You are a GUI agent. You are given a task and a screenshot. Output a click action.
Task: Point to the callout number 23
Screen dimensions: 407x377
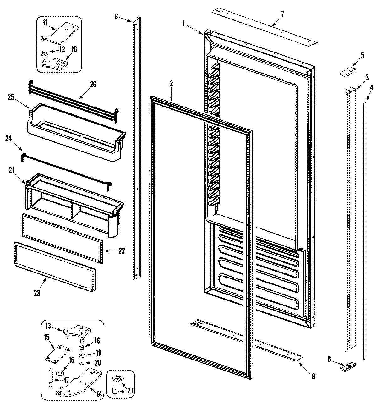click(x=37, y=293)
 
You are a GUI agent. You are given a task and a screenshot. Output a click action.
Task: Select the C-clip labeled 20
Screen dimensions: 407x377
click(x=82, y=364)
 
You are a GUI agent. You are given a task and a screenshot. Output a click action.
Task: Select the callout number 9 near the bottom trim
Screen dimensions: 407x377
click(x=313, y=376)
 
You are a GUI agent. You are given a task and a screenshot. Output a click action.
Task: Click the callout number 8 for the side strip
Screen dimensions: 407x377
click(x=116, y=17)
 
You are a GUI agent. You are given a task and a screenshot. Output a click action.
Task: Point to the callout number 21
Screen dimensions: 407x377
click(x=11, y=170)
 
